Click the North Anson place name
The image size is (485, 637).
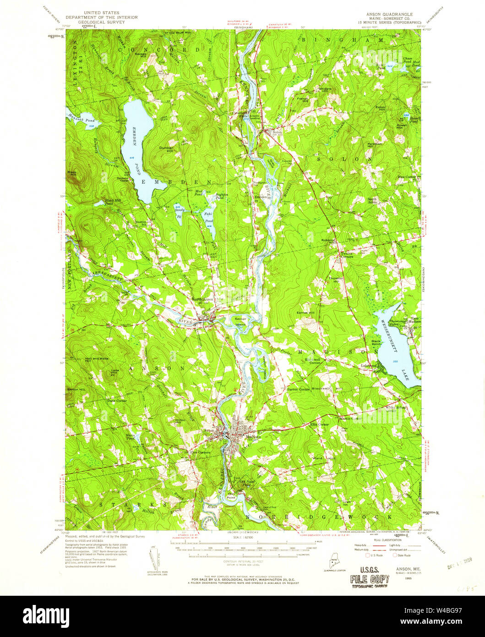[203, 299]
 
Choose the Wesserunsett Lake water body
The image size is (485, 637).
[394, 341]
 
